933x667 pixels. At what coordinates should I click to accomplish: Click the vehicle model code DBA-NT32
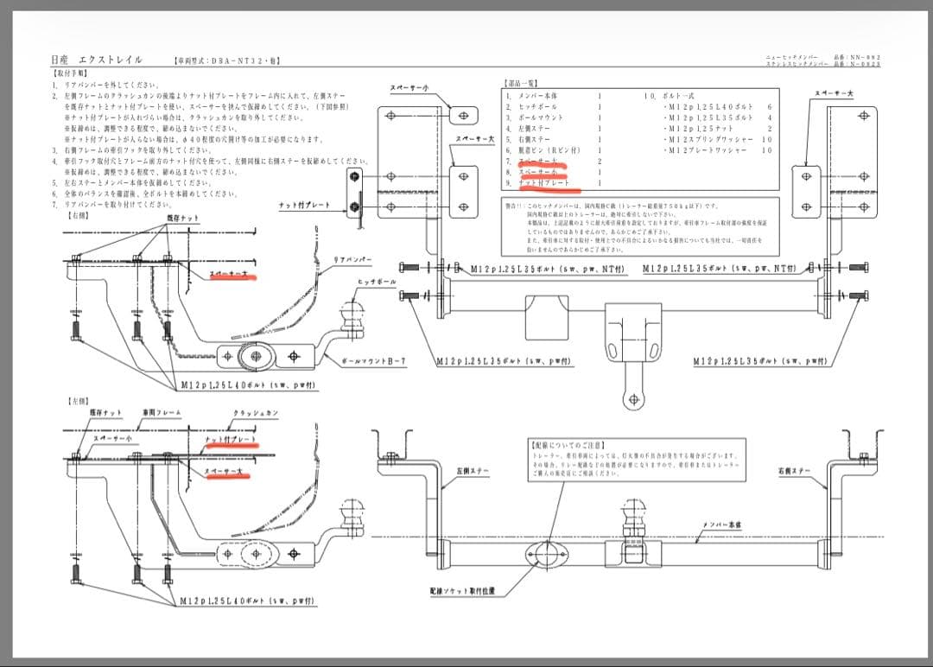227,61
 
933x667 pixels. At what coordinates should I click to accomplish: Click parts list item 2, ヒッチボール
540,107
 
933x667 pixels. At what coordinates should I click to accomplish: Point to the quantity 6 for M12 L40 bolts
769,107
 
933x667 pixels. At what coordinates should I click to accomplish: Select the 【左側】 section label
79,401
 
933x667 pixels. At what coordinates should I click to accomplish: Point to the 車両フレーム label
162,413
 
